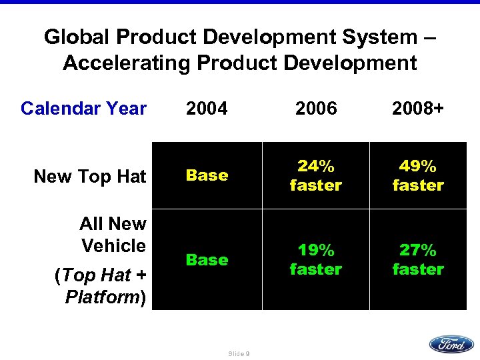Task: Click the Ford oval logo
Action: tap(451, 344)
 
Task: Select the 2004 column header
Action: tap(207, 108)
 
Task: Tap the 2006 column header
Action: tap(315, 108)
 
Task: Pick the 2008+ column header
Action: tap(418, 108)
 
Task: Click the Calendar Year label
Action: tap(83, 108)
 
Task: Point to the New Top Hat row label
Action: tap(89, 176)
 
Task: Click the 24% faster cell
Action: tap(315, 175)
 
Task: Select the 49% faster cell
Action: tap(418, 175)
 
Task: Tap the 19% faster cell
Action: tap(315, 259)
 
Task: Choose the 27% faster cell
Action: tap(418, 259)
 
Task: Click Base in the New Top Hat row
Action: tap(207, 175)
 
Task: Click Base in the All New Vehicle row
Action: tap(207, 259)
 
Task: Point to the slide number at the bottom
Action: tap(239, 354)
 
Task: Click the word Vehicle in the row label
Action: tap(113, 245)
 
